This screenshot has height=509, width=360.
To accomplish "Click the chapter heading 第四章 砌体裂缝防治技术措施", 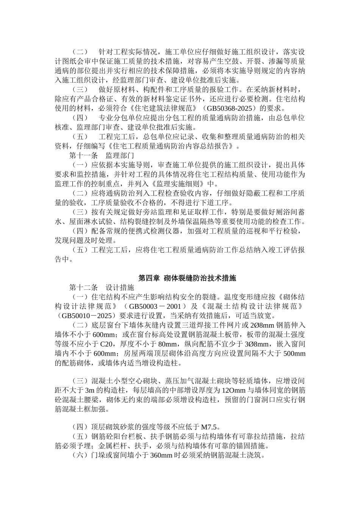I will pos(187,278).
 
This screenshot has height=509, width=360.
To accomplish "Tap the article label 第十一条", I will pos(83,156).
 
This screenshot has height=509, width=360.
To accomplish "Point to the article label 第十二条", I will pos(83,287).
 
